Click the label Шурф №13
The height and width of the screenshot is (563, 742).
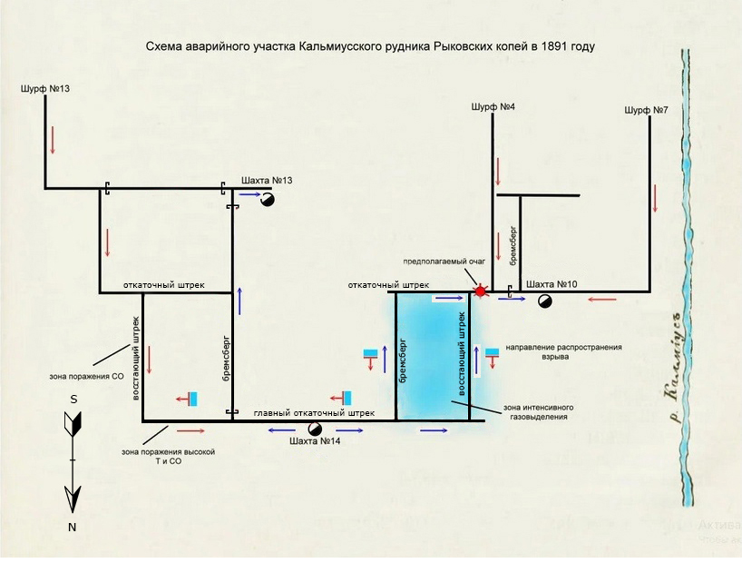[x=44, y=88]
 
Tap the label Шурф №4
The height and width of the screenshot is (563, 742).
[x=493, y=107]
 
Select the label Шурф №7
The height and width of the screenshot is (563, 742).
[x=647, y=110]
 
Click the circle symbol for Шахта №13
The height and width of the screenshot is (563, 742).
[x=268, y=201]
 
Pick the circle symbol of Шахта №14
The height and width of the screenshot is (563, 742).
[x=315, y=429]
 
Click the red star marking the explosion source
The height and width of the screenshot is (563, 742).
[x=480, y=291]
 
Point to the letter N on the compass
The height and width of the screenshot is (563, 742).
[x=72, y=527]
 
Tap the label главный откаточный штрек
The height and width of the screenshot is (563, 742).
[x=313, y=413]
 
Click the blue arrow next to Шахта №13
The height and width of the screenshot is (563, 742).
[x=249, y=193]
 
